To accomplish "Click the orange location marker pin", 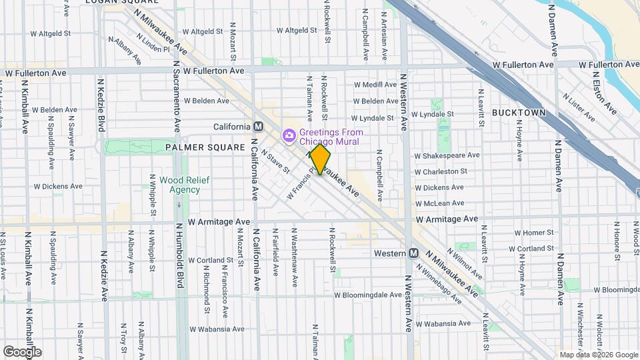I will [320, 159].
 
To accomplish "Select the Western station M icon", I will [414, 253].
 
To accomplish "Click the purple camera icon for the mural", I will [289, 136].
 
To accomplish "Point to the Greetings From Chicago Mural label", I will [331, 137].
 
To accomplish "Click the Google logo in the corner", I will [22, 351].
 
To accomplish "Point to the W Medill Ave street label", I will [375, 85].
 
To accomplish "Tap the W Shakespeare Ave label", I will [447, 155].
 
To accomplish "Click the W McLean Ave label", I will [439, 203].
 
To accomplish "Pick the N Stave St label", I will [275, 161].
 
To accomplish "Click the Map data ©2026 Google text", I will [598, 355].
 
